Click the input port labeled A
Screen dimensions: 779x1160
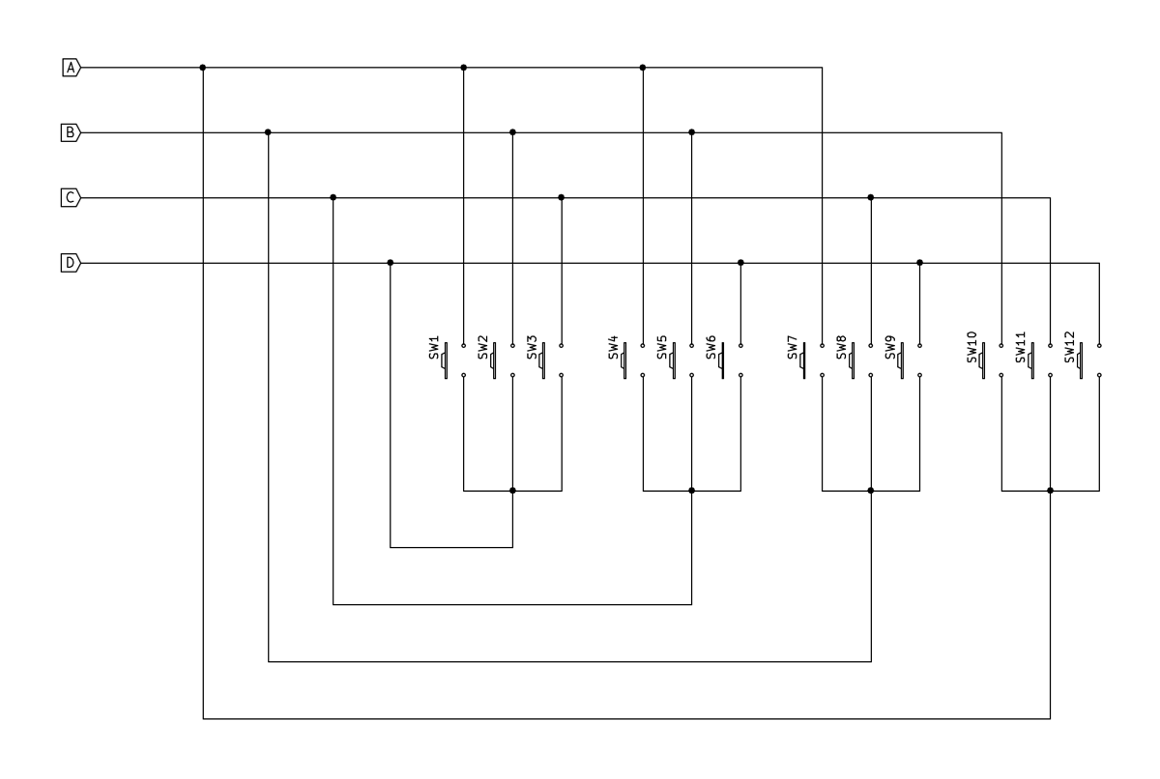click(71, 68)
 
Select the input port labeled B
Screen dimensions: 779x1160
click(71, 132)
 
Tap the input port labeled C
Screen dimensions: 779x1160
click(71, 197)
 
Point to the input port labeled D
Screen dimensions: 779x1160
click(71, 262)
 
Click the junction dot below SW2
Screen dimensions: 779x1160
click(512, 491)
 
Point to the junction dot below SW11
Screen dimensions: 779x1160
click(1050, 491)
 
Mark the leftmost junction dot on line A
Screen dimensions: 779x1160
click(203, 68)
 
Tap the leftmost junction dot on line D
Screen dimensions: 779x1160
click(391, 262)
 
